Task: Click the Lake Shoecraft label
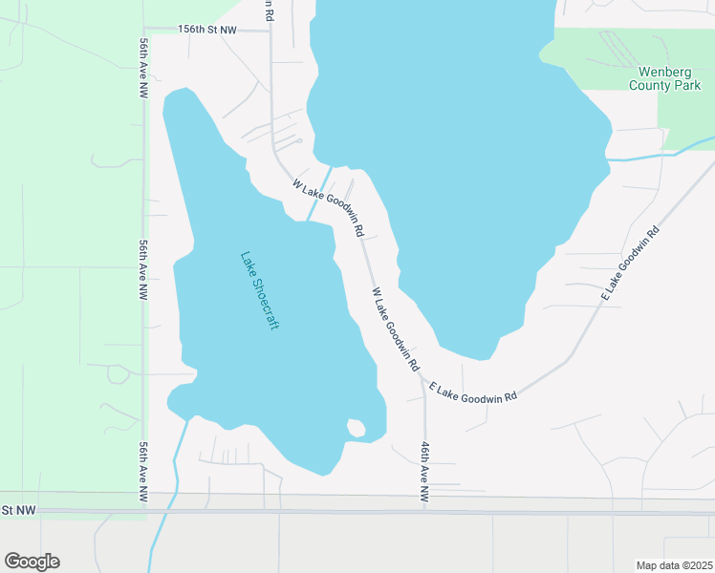pos(259,290)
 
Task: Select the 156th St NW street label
pos(207,30)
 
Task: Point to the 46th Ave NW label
pos(424,472)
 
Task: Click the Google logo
pos(32,561)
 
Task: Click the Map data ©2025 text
pos(674,564)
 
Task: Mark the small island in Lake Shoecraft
pos(356,428)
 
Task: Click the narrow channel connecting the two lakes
pos(321,191)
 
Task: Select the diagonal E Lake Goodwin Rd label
pos(631,265)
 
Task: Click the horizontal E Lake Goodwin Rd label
pos(473,392)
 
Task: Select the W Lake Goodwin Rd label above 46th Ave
pos(395,329)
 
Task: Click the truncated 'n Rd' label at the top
pos(270,11)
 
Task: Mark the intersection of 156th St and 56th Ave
pos(145,30)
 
